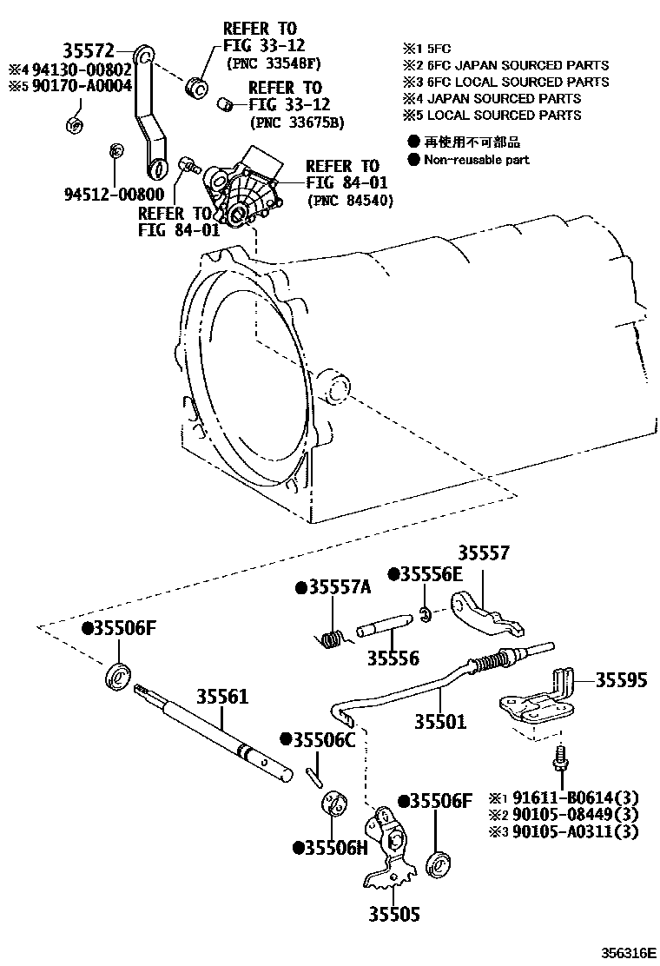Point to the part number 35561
tap(221, 697)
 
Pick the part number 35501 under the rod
tap(439, 721)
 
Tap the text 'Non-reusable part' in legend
tap(476, 160)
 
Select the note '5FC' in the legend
tap(431, 49)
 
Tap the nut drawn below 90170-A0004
tap(75, 123)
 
